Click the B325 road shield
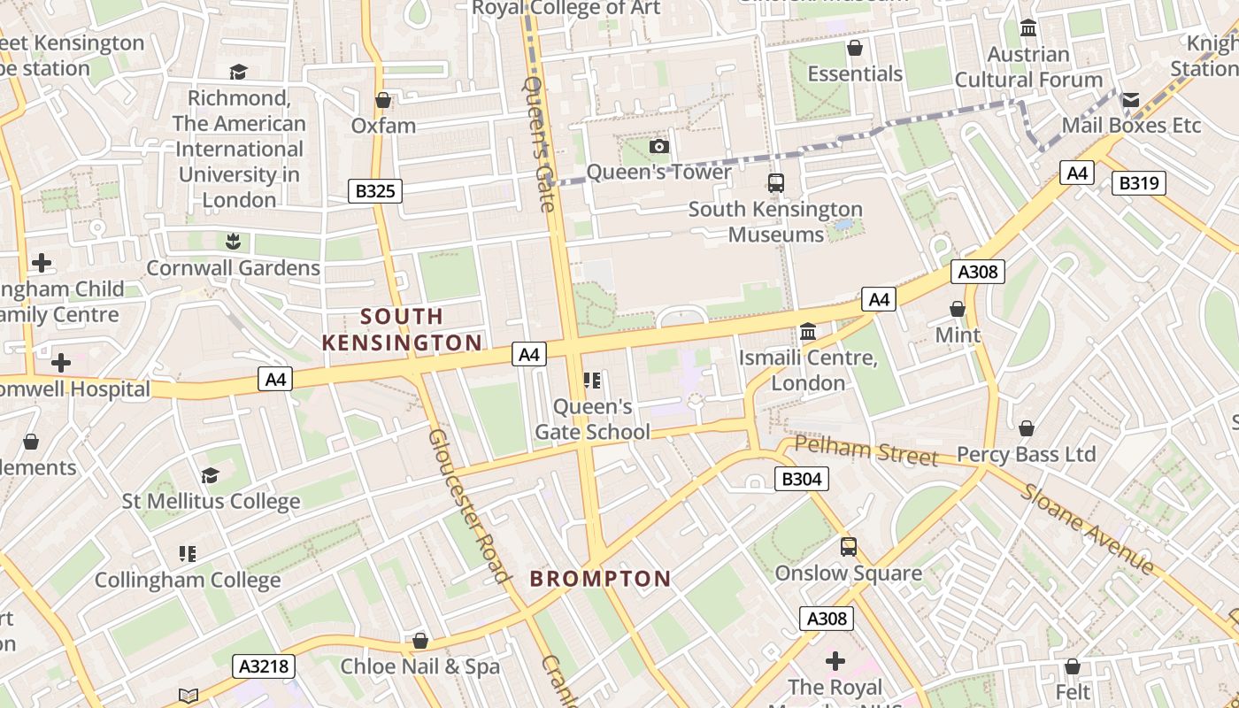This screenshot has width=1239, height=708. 375,190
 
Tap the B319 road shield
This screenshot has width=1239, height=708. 1138,183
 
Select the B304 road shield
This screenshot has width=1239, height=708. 802,479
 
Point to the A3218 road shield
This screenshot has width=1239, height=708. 263,666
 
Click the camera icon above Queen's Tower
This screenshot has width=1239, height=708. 659,146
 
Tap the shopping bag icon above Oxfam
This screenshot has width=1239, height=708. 383,100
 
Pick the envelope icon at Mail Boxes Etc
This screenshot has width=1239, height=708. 1131,100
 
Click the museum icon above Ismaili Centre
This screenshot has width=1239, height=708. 807,332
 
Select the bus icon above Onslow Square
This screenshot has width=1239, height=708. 848,547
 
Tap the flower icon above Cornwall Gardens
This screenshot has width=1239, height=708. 234,241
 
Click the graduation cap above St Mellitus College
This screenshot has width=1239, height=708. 210,476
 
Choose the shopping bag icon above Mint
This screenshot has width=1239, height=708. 957,309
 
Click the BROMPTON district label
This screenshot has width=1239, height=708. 600,579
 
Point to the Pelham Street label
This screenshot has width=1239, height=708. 866,450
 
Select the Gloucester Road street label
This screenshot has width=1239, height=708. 470,506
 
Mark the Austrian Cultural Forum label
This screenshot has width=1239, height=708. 1028,66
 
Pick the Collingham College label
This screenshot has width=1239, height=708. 188,581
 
